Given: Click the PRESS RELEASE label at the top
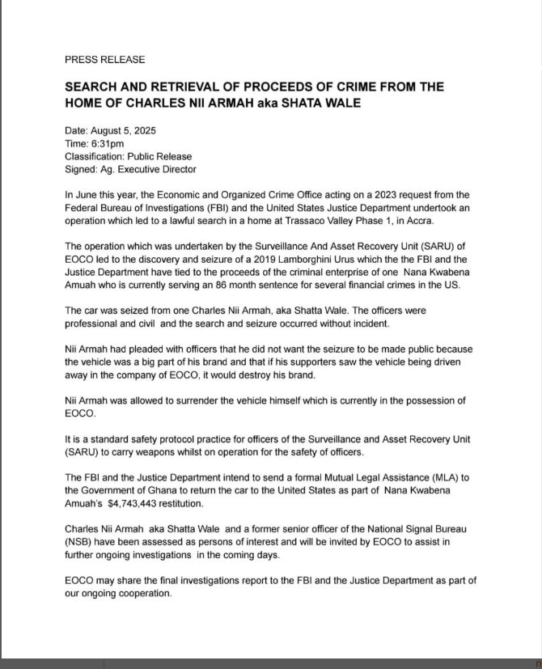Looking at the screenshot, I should click(104, 60).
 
